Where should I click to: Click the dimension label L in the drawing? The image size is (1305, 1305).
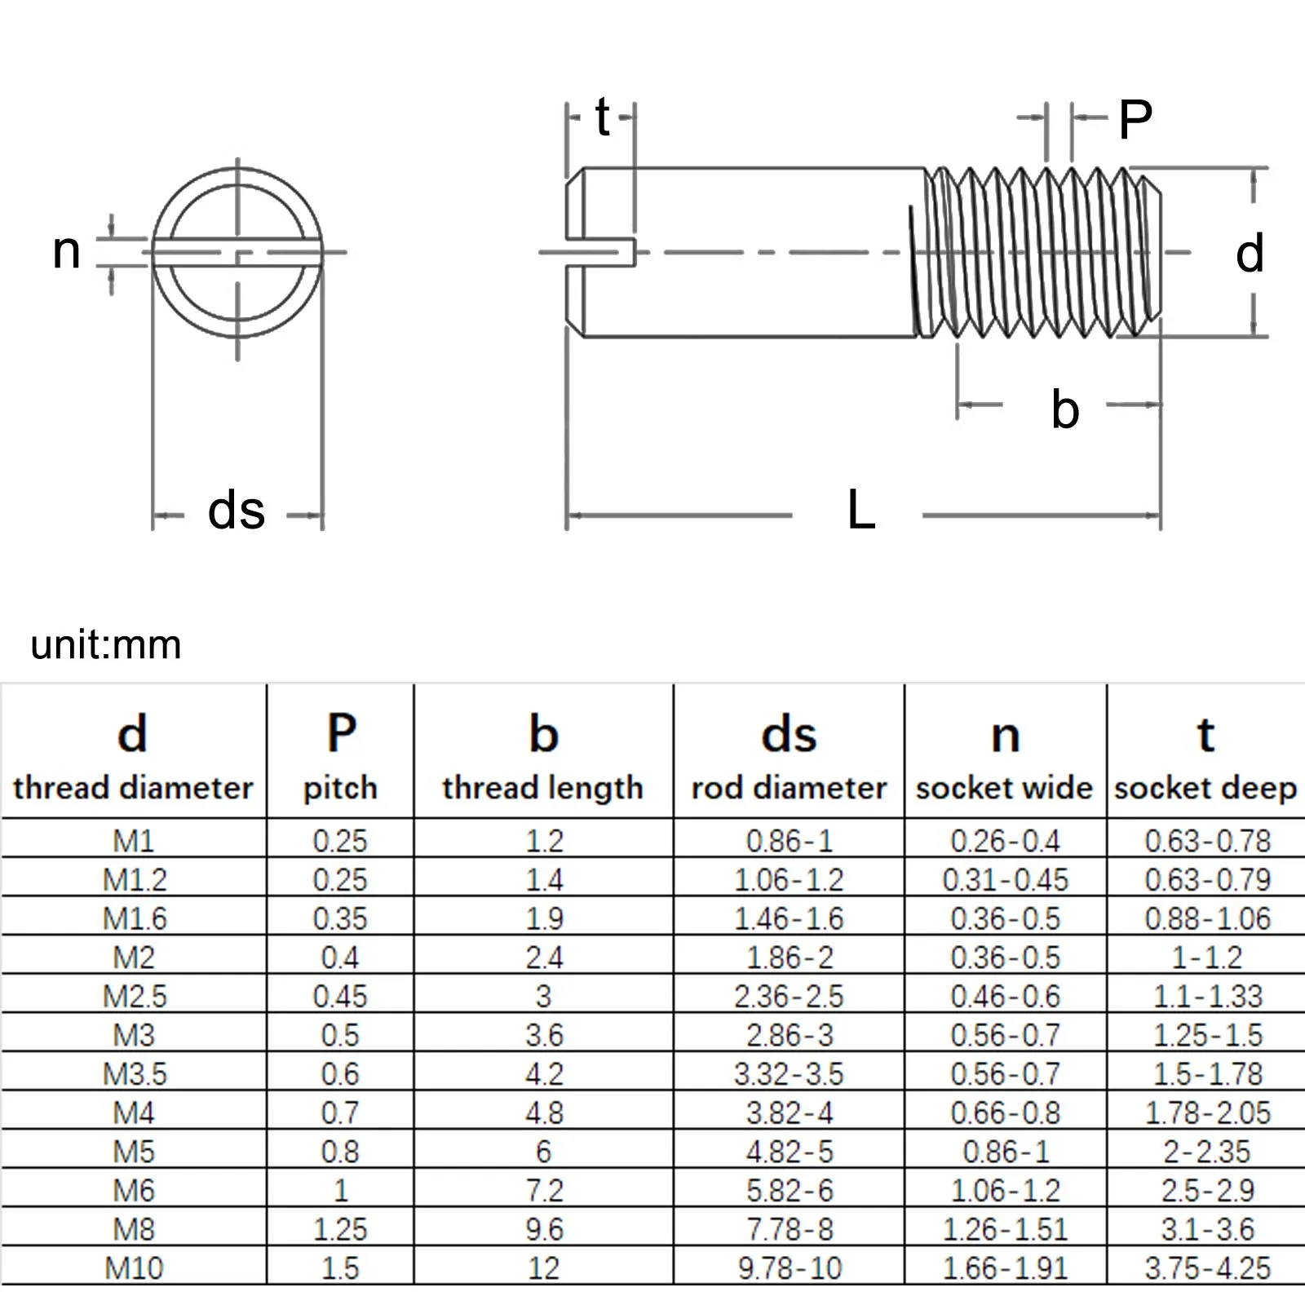coord(861,511)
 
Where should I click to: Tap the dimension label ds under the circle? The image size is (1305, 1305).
coord(237,511)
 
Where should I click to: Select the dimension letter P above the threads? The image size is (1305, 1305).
coord(1135,120)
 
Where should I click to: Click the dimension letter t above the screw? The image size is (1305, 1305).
coord(602,117)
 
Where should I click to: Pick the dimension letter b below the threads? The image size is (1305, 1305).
coord(1064,409)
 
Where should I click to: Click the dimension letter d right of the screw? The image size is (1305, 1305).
coord(1249,254)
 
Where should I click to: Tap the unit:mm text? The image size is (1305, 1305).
coord(106,645)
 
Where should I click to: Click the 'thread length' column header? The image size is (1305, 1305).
coord(543,788)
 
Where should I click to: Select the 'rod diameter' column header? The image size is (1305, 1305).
coord(789,788)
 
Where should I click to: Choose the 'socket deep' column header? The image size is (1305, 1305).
coord(1205,788)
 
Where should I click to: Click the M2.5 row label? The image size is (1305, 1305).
coord(135,996)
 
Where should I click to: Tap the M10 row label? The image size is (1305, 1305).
coord(135,1268)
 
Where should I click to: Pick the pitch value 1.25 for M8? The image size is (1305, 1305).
coord(340,1229)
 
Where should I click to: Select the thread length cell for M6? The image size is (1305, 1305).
coord(544,1191)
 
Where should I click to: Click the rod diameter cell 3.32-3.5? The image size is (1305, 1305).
coord(789,1074)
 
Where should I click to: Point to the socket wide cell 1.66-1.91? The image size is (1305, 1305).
coord(1005,1268)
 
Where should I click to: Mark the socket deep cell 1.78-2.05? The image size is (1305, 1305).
coord(1208,1113)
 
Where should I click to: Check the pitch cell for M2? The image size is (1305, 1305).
coord(340,958)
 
